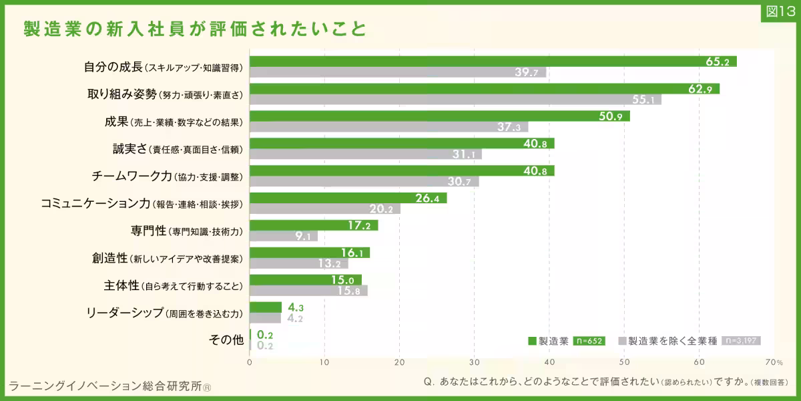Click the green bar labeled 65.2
[493, 61]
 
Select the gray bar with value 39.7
[398, 72]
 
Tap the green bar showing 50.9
[440, 116]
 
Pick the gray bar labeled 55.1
[455, 100]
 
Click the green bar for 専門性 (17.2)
[314, 225]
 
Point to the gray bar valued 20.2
[325, 209]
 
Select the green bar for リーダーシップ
[266, 307]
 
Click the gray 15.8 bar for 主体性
[308, 291]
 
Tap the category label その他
[226, 340]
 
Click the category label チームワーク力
[132, 176]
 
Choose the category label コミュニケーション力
[95, 203]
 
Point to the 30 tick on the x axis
[475, 362]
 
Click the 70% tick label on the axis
[774, 362]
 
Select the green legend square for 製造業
[532, 341]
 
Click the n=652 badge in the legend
[589, 341]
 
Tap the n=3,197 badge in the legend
[741, 340]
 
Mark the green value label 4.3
[296, 307]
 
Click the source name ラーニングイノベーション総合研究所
[105, 386]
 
